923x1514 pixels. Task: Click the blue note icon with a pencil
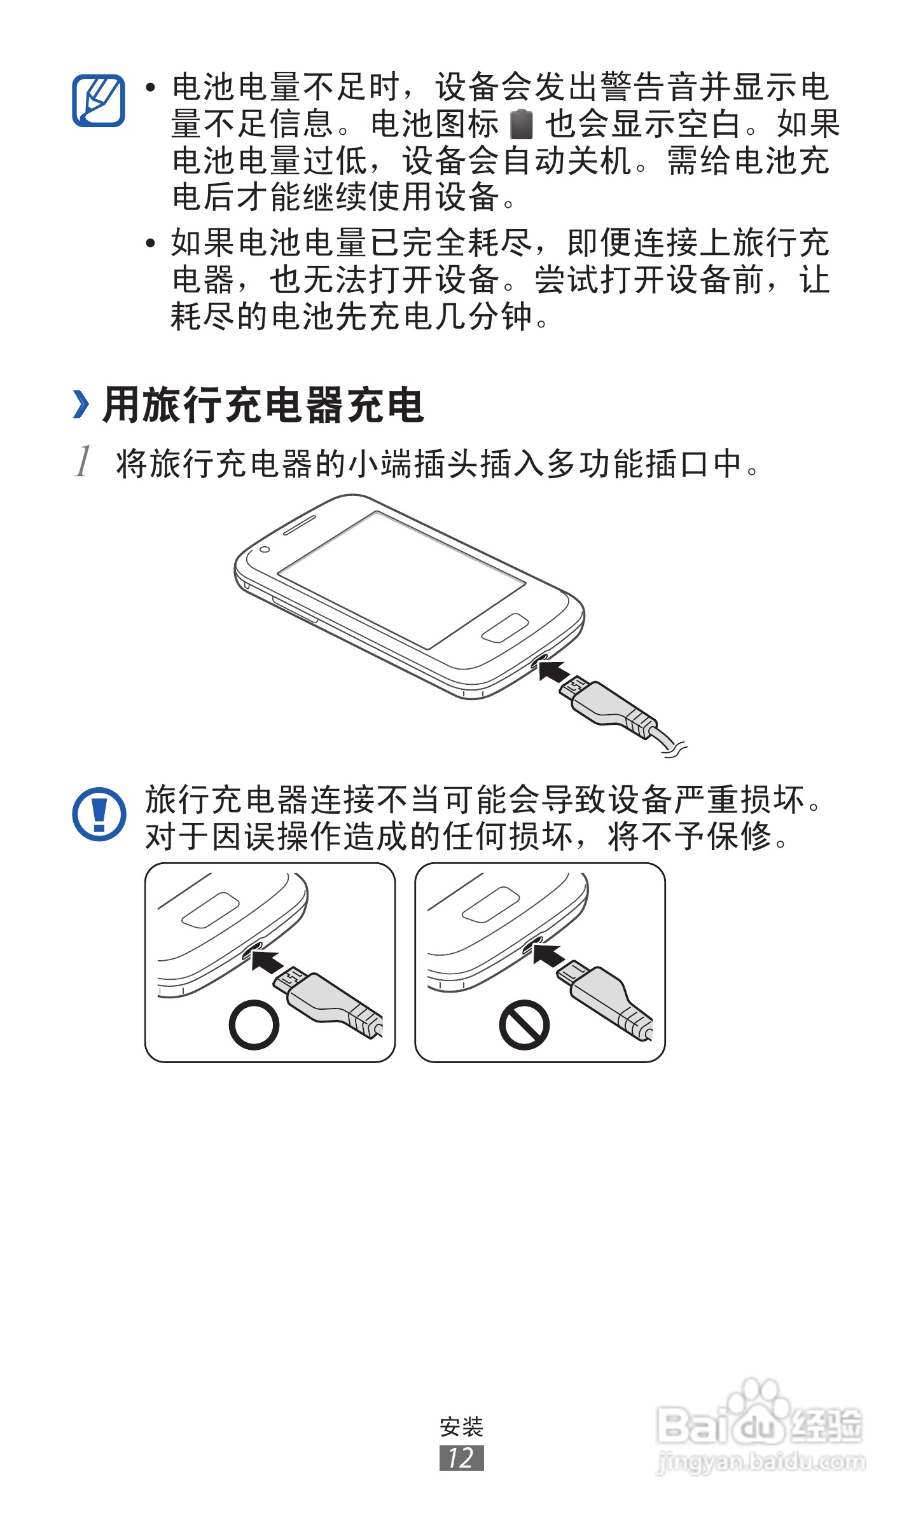point(99,100)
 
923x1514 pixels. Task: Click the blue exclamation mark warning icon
point(99,814)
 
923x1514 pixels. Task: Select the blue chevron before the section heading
point(81,405)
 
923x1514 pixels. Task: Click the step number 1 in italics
point(83,462)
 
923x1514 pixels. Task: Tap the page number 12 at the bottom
point(461,1457)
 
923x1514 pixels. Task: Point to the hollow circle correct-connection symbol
point(254,1024)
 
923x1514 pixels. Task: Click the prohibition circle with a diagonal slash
point(524,1024)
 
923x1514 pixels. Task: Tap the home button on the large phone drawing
point(504,628)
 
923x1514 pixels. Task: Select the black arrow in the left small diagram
point(267,960)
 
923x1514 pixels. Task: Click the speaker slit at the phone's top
point(299,524)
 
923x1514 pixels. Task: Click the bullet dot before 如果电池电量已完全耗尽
point(151,243)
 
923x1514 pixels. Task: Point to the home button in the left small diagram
point(210,910)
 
